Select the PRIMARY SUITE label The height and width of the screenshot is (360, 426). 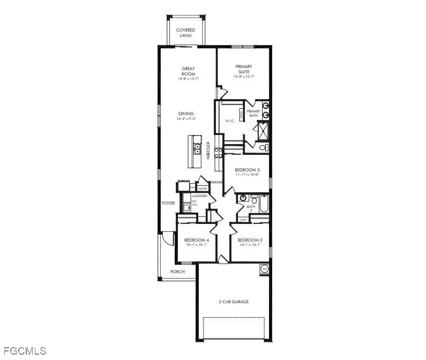(243, 69)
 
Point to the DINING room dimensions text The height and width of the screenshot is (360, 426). (186, 119)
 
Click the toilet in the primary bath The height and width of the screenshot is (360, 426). (263, 147)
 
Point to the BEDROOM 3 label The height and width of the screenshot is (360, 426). (247, 170)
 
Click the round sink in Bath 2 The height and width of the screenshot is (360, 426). (242, 198)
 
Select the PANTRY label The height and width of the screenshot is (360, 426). (203, 189)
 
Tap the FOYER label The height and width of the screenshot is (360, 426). (168, 203)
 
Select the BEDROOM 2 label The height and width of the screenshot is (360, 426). (249, 239)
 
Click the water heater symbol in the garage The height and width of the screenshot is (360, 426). (264, 268)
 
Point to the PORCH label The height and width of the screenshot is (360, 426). (177, 272)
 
